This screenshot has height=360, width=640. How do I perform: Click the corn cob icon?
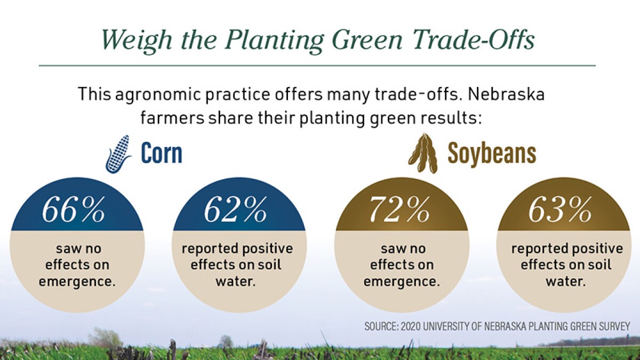click(x=118, y=154)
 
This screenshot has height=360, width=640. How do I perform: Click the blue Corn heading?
click(x=162, y=154)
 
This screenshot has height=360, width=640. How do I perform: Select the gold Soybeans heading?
click(x=491, y=154)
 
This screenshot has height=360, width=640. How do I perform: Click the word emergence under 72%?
click(x=402, y=281)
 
